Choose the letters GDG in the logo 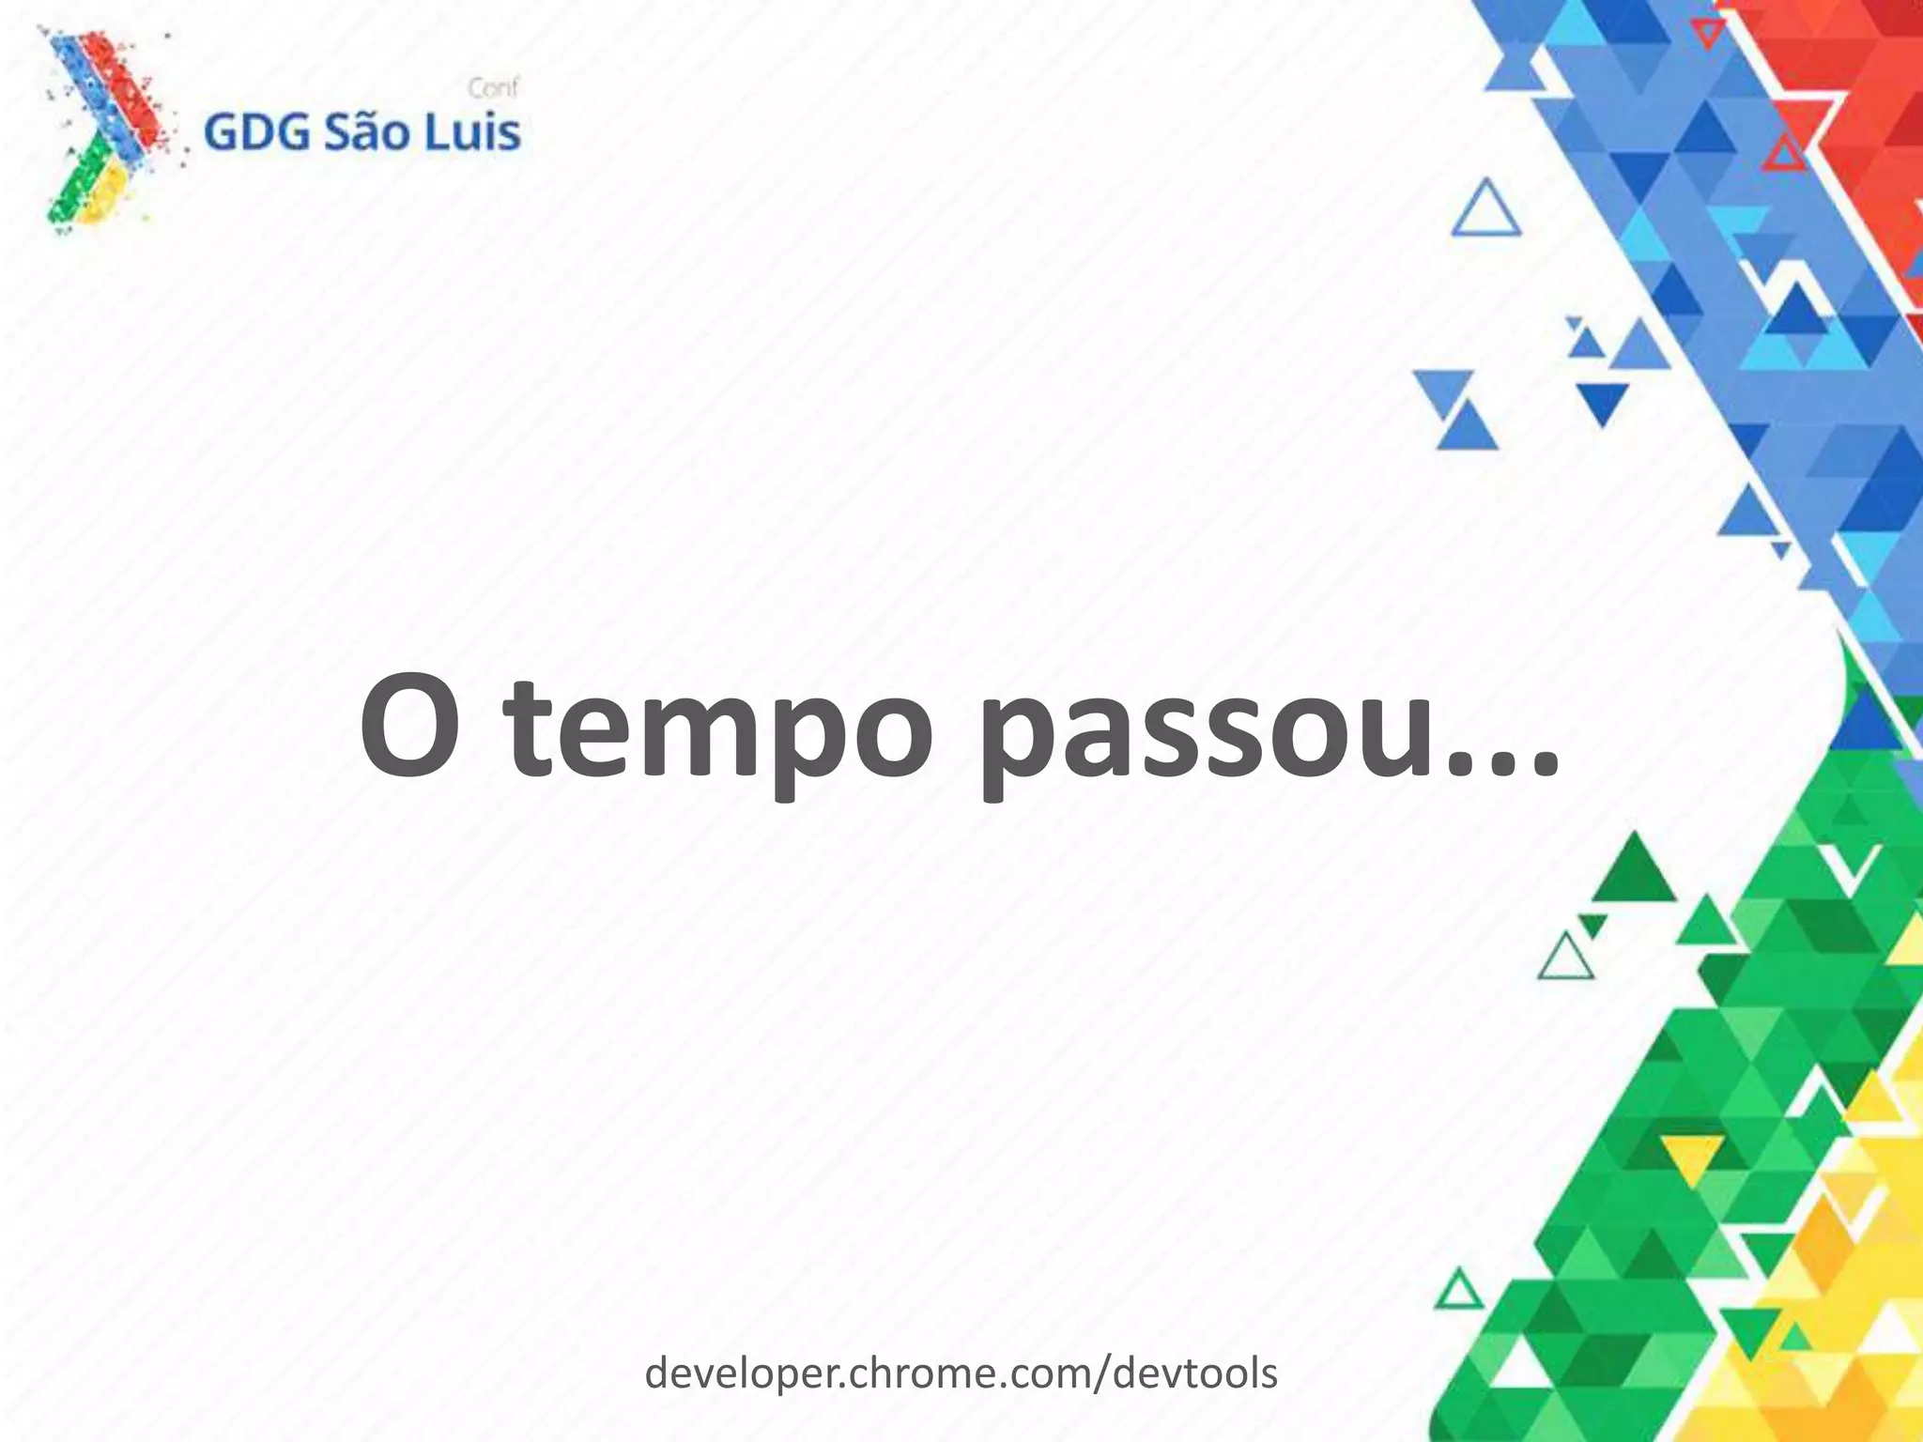coord(256,133)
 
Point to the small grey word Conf coord(493,88)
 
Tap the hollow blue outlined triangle coord(1485,212)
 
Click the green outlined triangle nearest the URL coord(1458,1293)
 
